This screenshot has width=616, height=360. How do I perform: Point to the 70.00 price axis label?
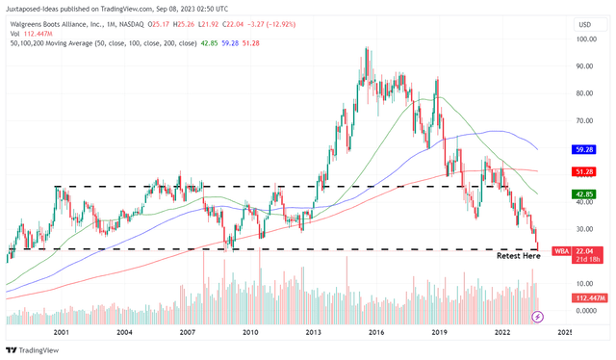582,121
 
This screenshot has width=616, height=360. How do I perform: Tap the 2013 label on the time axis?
313,332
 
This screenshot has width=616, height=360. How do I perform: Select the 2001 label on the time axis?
62,332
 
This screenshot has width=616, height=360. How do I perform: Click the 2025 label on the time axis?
564,332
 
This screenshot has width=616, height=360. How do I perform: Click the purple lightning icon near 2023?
537,316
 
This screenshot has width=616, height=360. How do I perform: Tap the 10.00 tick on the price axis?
582,283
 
